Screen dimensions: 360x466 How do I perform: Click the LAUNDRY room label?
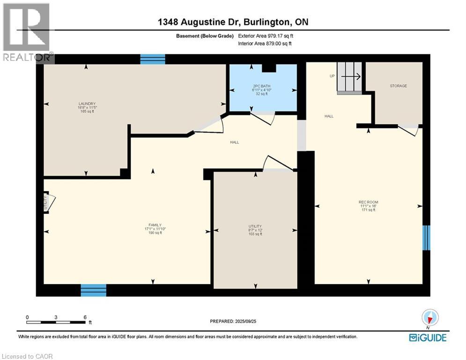point(87,104)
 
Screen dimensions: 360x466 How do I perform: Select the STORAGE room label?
point(398,86)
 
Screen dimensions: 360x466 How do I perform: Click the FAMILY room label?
point(152,225)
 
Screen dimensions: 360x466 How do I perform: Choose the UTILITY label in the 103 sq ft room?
point(255,226)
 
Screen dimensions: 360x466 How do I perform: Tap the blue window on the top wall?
point(153,59)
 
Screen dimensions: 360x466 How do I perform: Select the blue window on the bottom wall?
point(93,290)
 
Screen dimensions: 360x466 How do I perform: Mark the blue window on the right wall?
point(426,238)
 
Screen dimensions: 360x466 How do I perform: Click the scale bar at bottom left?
point(56,322)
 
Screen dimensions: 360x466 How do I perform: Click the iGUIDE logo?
point(427,337)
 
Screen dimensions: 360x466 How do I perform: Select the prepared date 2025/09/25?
point(233,322)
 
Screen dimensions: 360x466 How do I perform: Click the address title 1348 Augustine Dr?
point(233,22)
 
